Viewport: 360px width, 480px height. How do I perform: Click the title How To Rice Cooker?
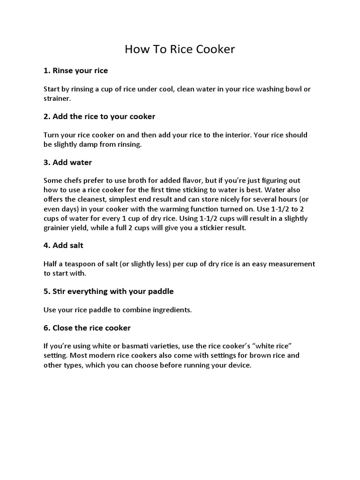[x=180, y=49]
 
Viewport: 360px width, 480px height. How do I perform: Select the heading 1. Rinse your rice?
[x=75, y=71]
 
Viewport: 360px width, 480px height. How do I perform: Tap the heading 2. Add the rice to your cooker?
[x=99, y=116]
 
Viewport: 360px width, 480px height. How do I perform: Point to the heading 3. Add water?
[x=67, y=162]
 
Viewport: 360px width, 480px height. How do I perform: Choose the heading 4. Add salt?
[x=64, y=246]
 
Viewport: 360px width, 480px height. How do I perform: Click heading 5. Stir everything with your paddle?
[x=108, y=292]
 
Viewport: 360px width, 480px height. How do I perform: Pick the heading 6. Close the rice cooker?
[x=87, y=328]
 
